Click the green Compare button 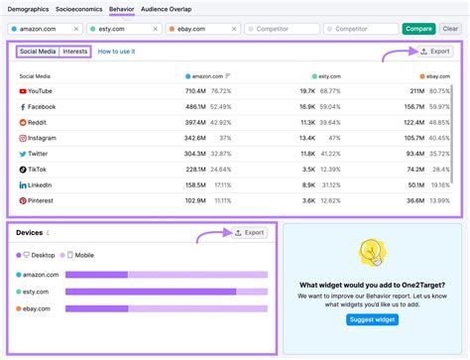418,29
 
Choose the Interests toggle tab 75,51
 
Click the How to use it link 117,51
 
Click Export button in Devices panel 249,232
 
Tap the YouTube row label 41,90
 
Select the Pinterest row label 42,200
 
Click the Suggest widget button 372,319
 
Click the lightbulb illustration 372,254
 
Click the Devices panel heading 30,233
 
